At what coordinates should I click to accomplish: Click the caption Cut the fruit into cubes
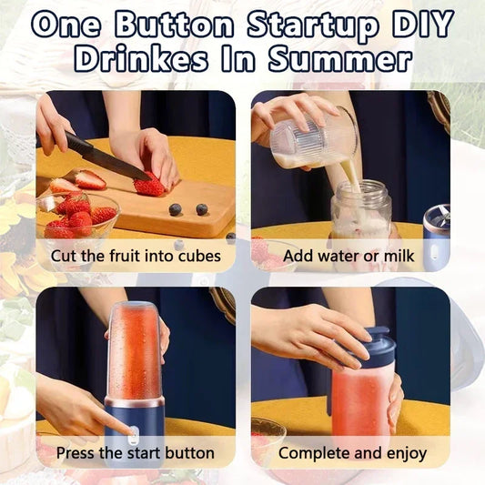point(136,256)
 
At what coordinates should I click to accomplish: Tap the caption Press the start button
point(136,452)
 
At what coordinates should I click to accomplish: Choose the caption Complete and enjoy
point(352,452)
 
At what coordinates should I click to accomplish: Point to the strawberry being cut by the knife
point(149,185)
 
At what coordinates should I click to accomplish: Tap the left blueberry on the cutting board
point(175,209)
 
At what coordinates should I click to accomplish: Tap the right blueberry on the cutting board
point(201,209)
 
